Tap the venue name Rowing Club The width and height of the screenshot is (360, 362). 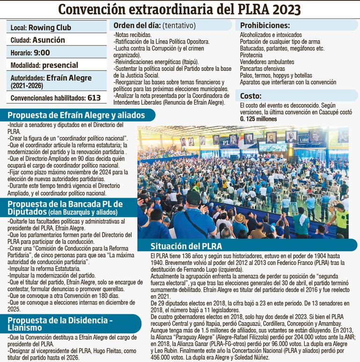[48, 28]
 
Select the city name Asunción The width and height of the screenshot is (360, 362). [49, 40]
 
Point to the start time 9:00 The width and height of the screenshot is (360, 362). [41, 52]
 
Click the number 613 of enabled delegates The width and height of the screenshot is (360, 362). [94, 98]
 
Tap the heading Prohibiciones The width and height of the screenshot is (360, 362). [265, 25]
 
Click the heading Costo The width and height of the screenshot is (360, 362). [251, 96]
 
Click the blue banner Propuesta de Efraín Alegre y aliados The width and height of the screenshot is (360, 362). [76, 115]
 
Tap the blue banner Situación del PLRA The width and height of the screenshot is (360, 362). [186, 246]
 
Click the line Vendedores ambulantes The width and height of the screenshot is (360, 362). [266, 62]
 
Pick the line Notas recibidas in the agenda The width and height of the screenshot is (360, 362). [132, 35]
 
